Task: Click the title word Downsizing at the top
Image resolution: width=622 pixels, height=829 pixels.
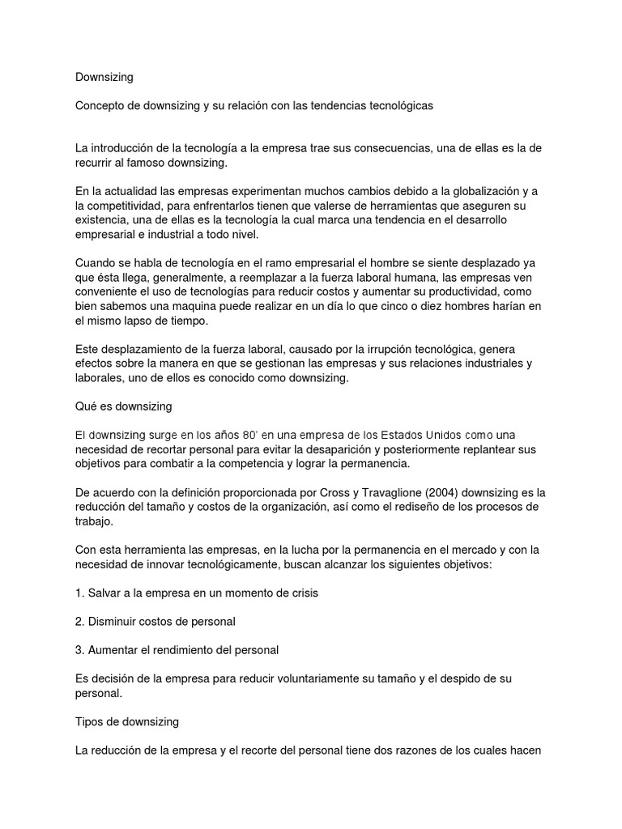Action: click(x=104, y=78)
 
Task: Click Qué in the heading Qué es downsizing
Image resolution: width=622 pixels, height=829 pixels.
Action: click(x=86, y=406)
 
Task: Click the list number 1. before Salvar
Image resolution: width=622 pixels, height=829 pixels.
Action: click(x=79, y=593)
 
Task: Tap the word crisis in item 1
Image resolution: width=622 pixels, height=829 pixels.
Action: click(x=302, y=593)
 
